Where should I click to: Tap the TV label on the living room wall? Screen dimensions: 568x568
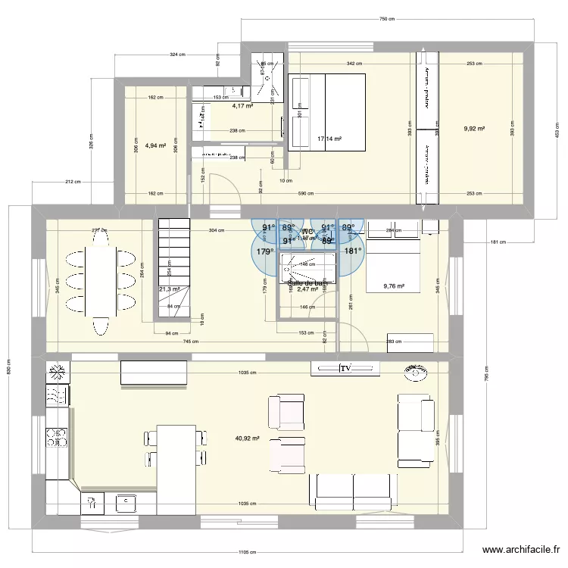click(x=345, y=369)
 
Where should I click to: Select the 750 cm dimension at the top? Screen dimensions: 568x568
click(x=387, y=19)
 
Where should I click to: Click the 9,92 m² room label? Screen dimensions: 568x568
click(x=474, y=129)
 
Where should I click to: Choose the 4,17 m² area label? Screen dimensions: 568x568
click(x=242, y=107)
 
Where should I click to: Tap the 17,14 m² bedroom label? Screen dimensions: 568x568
click(x=329, y=139)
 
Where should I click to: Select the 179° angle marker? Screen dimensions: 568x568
click(x=265, y=252)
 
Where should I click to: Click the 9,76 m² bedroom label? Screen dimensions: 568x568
click(x=394, y=286)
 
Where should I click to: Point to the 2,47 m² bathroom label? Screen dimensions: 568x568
click(x=307, y=289)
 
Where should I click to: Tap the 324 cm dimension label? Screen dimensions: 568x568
click(x=178, y=55)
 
